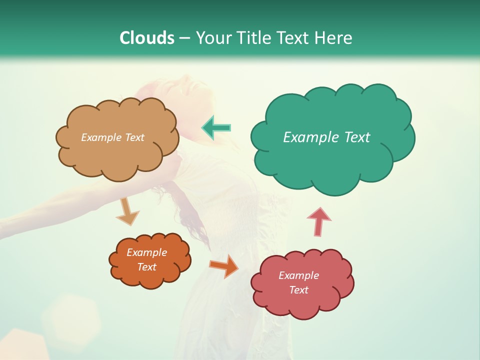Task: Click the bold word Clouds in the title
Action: click(147, 38)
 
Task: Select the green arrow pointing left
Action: click(216, 128)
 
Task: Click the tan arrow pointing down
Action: click(127, 211)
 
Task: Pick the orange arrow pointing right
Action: click(224, 265)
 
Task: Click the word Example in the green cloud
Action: click(306, 137)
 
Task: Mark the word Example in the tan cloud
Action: click(101, 137)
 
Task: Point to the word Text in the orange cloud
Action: click(146, 267)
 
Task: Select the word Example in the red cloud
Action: click(298, 275)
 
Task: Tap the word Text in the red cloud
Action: click(298, 290)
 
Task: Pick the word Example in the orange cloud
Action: click(146, 252)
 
